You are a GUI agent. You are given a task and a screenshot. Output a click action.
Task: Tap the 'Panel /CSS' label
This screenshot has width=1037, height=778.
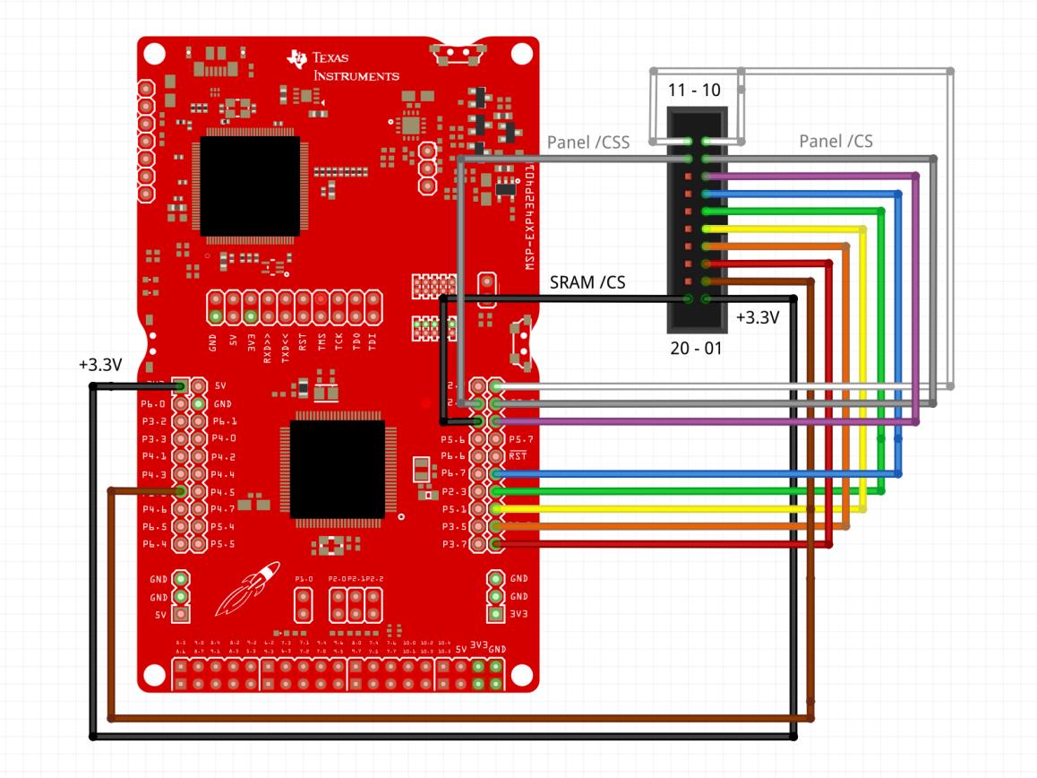click(588, 142)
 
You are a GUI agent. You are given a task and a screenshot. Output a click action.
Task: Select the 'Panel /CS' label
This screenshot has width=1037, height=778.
click(836, 141)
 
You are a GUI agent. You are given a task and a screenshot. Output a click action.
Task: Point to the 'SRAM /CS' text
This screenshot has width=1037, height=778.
click(587, 282)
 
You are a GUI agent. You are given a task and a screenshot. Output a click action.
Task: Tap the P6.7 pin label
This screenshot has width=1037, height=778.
click(453, 473)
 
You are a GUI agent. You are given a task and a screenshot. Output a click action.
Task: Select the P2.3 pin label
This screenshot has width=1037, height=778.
click(453, 491)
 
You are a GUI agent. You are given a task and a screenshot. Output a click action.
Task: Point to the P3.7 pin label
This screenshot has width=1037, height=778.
click(453, 543)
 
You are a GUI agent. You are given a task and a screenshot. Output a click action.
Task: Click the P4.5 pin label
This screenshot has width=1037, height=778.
click(222, 491)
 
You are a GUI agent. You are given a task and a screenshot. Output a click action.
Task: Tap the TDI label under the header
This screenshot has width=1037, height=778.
click(373, 339)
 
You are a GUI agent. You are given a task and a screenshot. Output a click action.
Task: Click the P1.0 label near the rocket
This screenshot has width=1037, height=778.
click(304, 580)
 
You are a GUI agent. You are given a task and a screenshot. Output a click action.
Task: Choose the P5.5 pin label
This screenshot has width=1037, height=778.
click(222, 543)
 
